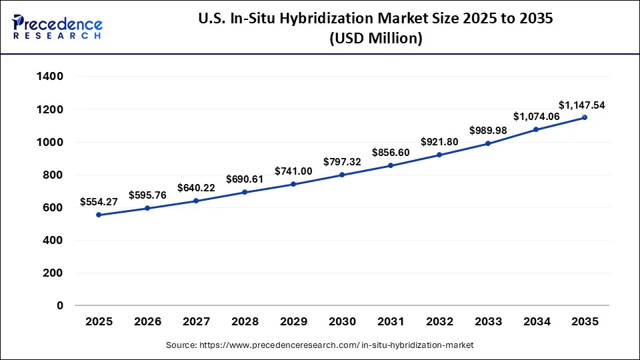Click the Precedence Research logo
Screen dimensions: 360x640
click(57, 27)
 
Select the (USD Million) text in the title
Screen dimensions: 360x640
click(376, 39)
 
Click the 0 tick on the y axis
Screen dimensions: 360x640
click(59, 305)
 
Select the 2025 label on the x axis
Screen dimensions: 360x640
click(99, 321)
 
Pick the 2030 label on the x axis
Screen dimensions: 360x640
click(342, 321)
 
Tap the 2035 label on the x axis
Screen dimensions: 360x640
click(585, 321)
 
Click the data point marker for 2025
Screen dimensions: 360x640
click(99, 215)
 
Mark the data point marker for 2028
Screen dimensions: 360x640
click(245, 192)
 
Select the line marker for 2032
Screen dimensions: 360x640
click(439, 155)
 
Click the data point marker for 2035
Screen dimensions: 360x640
click(585, 117)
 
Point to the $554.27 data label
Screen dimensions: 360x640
click(99, 201)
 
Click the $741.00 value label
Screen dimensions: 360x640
click(293, 171)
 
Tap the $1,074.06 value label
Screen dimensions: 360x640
click(536, 116)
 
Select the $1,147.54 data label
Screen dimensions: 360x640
click(581, 105)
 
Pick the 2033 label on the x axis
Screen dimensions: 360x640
click(488, 321)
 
